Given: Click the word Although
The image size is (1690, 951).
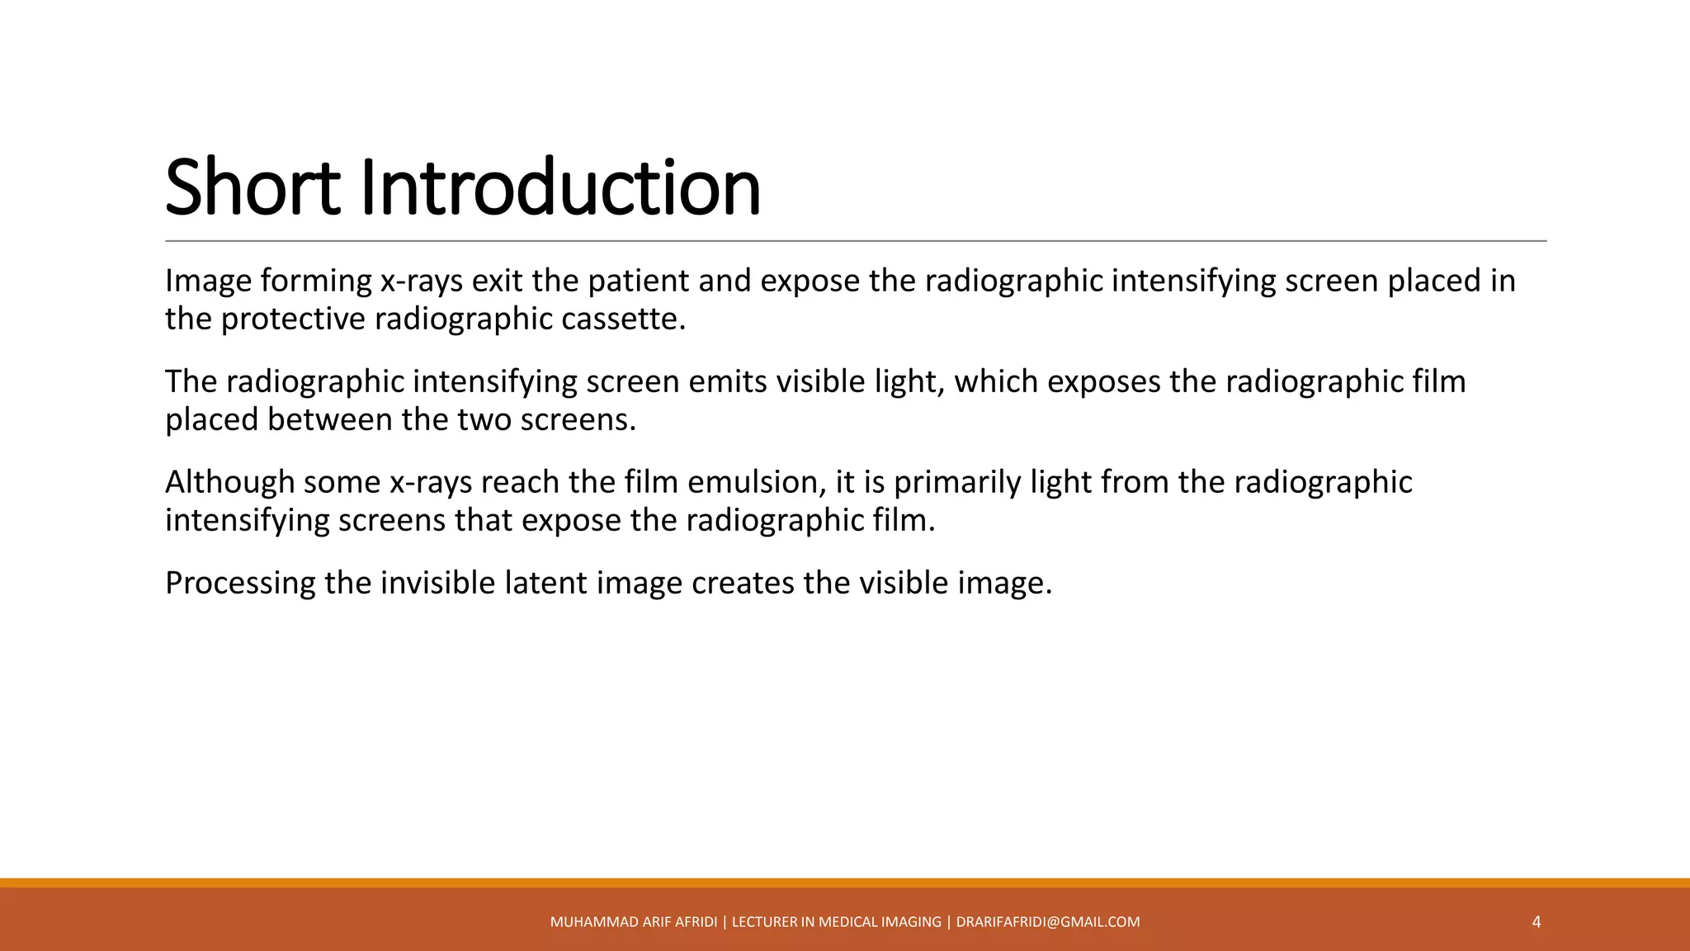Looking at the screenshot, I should click(229, 483).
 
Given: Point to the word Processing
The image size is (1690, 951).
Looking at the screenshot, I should click(240, 584).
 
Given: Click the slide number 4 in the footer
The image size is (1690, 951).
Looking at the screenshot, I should click(1536, 922).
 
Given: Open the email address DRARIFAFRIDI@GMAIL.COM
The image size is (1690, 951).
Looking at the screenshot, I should click(1048, 922).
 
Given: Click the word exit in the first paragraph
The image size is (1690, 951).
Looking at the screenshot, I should click(498, 282).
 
